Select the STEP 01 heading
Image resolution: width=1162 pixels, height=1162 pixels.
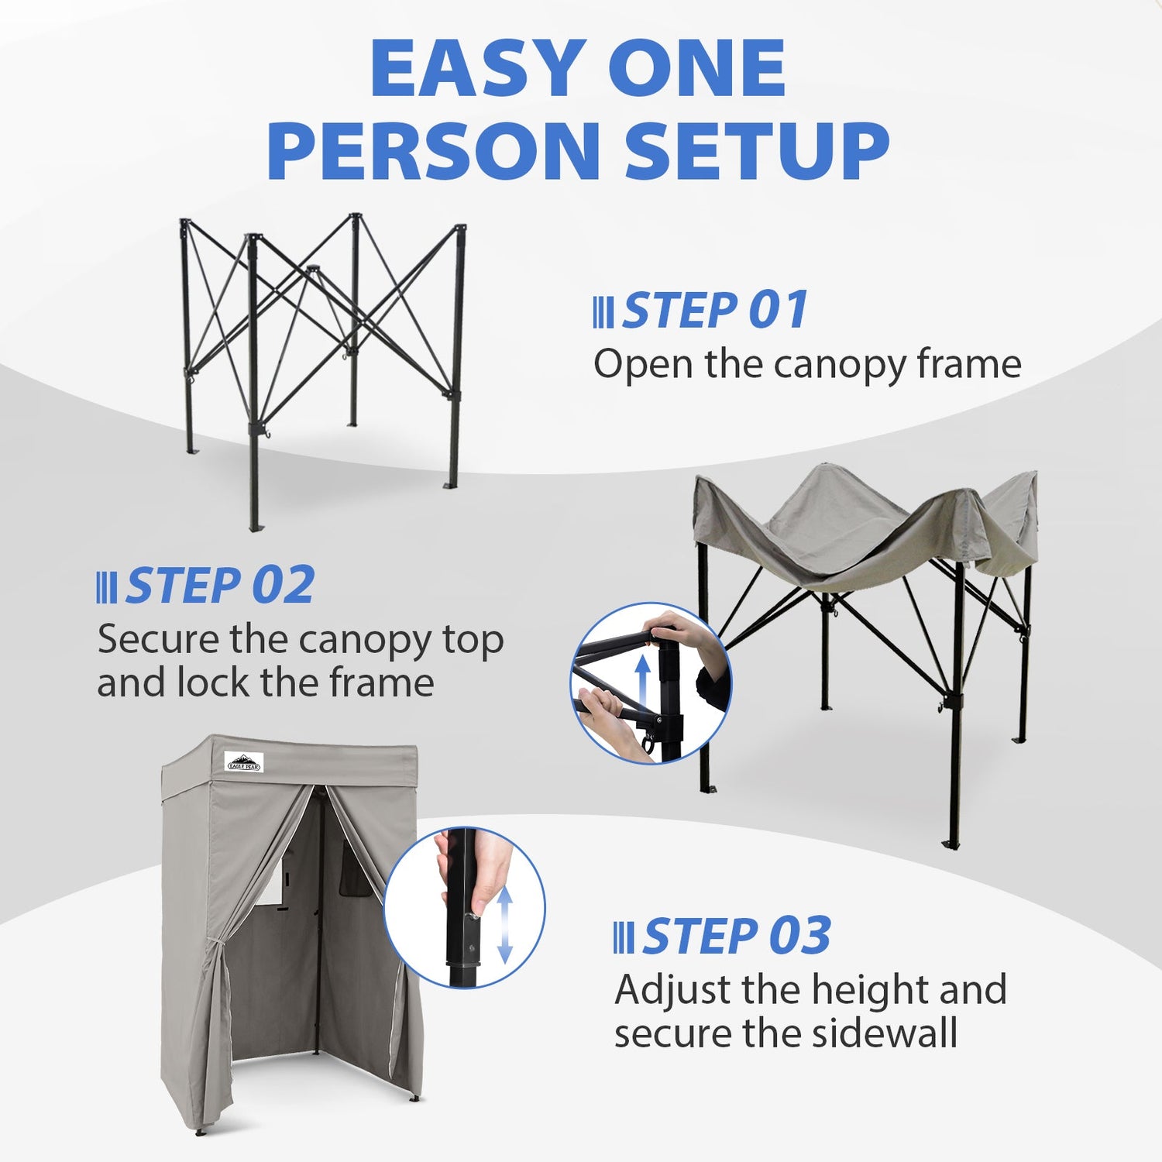(x=715, y=310)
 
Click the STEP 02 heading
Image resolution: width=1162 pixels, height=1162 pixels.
(x=220, y=585)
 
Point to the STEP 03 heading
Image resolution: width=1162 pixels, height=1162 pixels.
(x=737, y=936)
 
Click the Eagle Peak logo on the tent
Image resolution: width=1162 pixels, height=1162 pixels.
(x=245, y=762)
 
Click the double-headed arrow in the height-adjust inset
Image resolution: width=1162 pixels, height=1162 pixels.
(x=504, y=925)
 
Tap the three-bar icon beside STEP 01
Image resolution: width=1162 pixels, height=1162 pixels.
(x=603, y=312)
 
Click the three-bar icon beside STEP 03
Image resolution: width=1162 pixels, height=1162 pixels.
(x=623, y=938)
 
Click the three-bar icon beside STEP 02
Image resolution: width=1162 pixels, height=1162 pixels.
(x=106, y=587)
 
